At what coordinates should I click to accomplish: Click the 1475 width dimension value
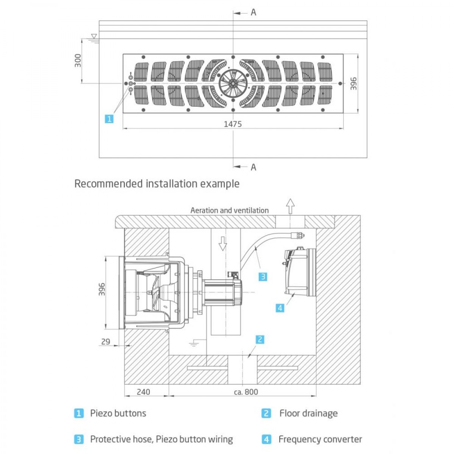pos(233,124)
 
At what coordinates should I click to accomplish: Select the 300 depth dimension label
pos(78,61)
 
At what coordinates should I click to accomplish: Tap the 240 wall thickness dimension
pos(143,392)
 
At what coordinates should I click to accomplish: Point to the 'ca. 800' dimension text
pos(246,392)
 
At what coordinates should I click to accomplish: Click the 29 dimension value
pos(106,342)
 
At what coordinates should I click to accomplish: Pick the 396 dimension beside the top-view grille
pos(353,84)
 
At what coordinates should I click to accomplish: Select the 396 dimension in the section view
pos(101,289)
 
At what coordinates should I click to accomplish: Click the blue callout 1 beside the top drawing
pos(109,119)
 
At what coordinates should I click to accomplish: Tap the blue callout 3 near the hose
pos(263,277)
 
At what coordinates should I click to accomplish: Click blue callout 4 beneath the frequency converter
pos(280,308)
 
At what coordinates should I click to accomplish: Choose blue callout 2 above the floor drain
pos(260,339)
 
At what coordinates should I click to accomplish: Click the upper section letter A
pos(253,12)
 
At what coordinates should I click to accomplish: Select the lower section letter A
pos(253,167)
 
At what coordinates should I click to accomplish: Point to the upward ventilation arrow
pos(290,206)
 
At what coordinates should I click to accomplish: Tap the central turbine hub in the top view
pos(233,83)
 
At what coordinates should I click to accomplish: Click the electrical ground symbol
pos(193,344)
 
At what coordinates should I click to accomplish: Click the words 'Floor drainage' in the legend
pos(308,413)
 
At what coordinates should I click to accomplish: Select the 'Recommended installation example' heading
pos(157,184)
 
